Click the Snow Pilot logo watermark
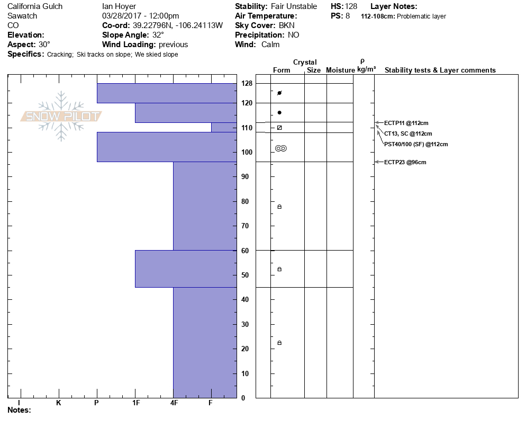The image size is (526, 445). pos(61,116)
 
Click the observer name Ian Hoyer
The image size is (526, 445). pos(119,6)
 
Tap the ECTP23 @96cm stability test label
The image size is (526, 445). pos(405,162)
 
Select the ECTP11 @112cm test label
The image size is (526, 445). pos(406,123)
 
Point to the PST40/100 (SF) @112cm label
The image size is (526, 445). pos(416,144)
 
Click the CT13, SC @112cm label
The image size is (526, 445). pos(408,133)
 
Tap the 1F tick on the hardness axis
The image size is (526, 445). pos(135,403)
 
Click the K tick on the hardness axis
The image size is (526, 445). pos(58,403)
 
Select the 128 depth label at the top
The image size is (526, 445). pos(247,83)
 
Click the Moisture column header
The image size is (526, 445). pos(340,70)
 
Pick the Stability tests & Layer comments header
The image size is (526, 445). pos(440,70)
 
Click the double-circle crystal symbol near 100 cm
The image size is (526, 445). pos(281,148)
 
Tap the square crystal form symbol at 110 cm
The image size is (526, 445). pos(279,128)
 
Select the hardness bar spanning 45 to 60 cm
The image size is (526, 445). pos(186,269)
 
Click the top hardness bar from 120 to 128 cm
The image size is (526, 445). pos(166,93)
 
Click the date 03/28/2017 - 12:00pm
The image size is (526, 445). pos(140,16)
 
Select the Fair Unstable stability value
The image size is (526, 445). pos(294,6)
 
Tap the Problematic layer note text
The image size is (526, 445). pos(422,16)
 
